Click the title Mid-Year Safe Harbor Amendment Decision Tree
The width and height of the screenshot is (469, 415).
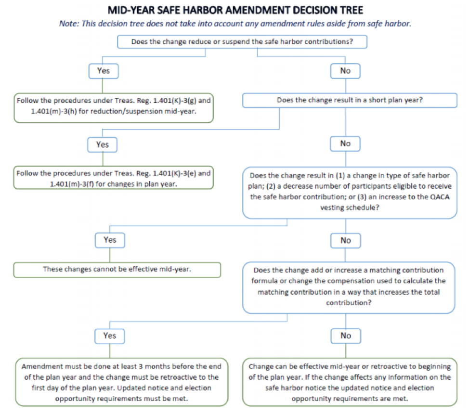coord(234,10)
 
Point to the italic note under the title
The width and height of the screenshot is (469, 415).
coord(234,23)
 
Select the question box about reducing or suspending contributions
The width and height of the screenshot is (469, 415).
coord(242,42)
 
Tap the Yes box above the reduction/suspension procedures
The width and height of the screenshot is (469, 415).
coord(103,71)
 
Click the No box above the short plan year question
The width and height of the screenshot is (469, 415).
coord(345,71)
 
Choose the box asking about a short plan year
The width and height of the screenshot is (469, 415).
coord(349,101)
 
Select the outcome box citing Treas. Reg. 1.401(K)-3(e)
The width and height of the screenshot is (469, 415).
coord(113,178)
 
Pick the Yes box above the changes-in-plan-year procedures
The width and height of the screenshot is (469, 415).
coord(103,144)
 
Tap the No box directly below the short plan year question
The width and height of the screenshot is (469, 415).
coord(345,143)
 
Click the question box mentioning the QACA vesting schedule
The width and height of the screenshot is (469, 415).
coord(349,193)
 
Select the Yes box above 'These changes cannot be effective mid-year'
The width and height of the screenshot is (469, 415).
coord(110,240)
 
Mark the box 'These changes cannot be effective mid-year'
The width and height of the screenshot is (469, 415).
coord(117,269)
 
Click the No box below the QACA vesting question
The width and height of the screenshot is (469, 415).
coord(346,240)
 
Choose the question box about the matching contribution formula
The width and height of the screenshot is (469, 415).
coord(349,287)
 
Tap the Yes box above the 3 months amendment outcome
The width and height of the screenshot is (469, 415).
coord(110,336)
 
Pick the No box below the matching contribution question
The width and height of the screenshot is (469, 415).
coord(346,336)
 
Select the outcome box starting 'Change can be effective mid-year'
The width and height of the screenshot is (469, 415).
coord(350,382)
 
